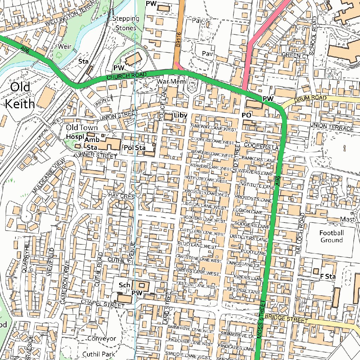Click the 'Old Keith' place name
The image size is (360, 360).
20,95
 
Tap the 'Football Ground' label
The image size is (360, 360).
331,237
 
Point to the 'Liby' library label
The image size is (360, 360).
180,115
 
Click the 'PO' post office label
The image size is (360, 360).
246,115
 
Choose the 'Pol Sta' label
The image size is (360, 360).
135,148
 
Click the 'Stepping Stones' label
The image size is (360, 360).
126,23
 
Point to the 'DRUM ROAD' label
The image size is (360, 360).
310,98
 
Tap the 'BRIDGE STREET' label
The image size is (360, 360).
286,319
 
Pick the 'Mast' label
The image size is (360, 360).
348,219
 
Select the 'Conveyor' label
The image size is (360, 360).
101,339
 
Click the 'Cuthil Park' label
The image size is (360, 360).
98,354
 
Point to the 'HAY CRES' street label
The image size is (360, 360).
122,195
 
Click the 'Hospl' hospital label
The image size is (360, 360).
74,136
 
